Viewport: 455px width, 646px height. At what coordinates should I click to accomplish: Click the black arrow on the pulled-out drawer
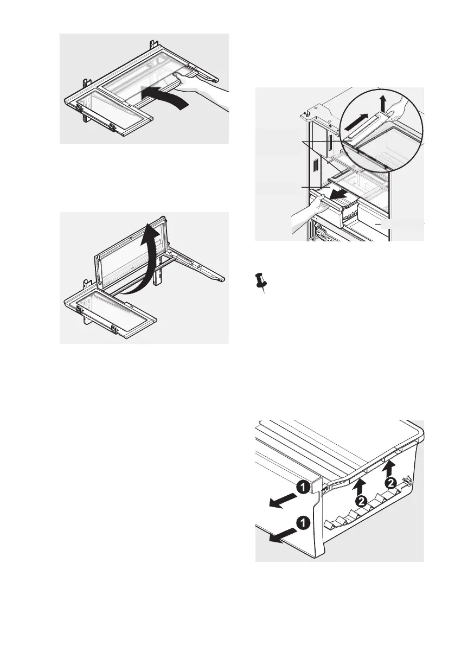click(341, 194)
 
